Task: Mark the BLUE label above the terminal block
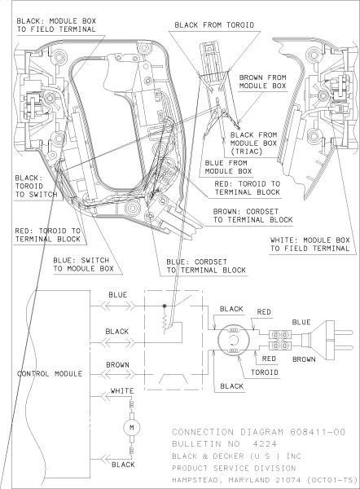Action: pos(301,322)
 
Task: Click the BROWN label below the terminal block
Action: pos(304,358)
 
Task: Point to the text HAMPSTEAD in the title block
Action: pos(200,481)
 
